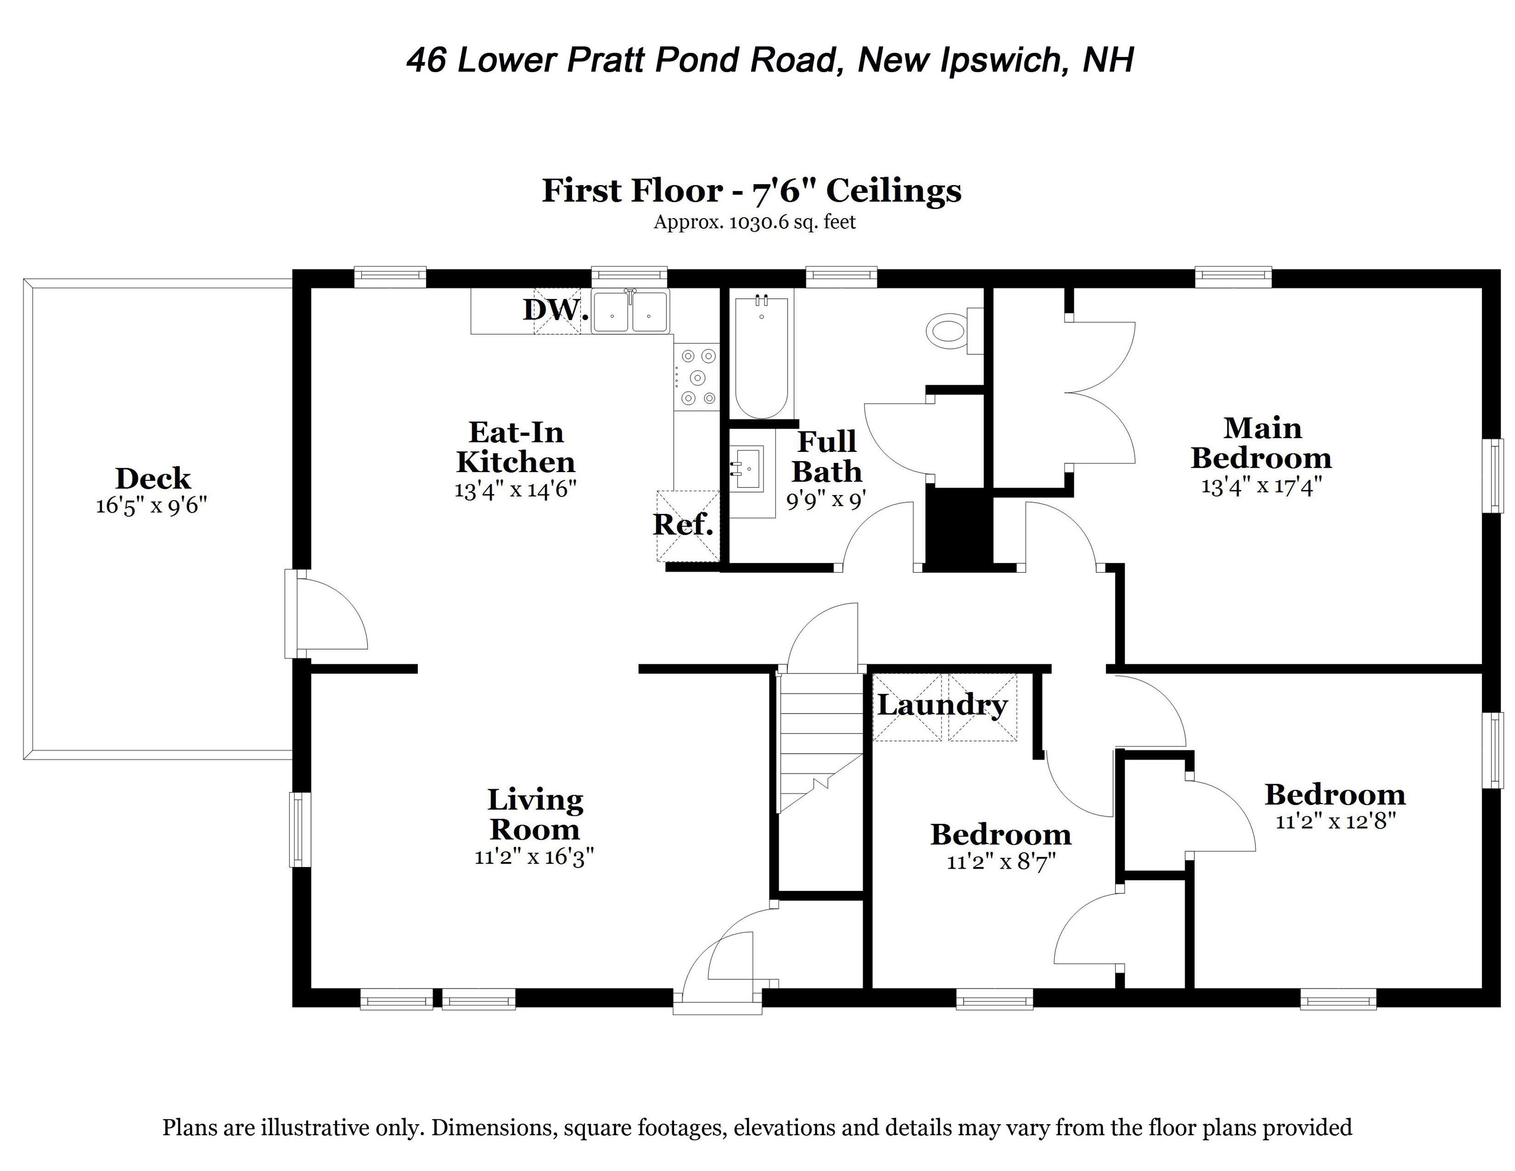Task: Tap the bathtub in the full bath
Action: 761,357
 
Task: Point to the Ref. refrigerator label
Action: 683,525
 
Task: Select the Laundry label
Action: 942,705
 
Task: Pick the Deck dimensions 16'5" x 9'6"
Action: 151,505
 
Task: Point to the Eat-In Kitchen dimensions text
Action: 515,490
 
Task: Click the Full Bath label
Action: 827,456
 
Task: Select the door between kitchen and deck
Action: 326,614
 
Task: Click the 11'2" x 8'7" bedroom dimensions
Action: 1001,862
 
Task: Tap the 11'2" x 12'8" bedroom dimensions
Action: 1335,822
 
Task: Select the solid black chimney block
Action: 960,529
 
